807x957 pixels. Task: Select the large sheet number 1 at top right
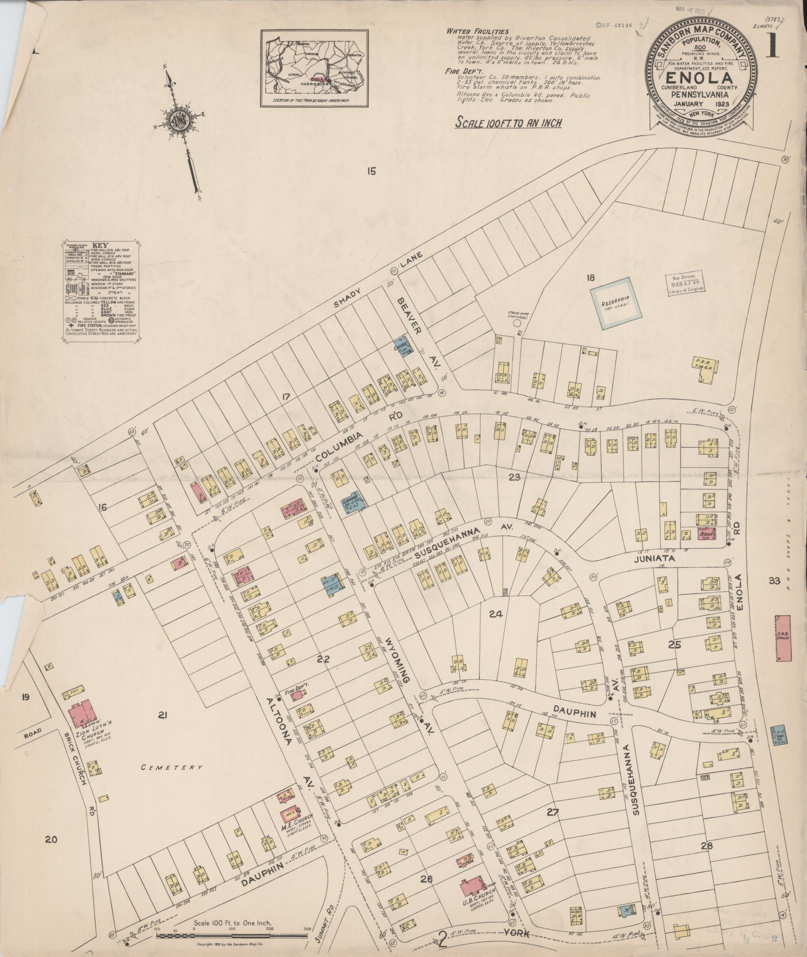774,47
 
